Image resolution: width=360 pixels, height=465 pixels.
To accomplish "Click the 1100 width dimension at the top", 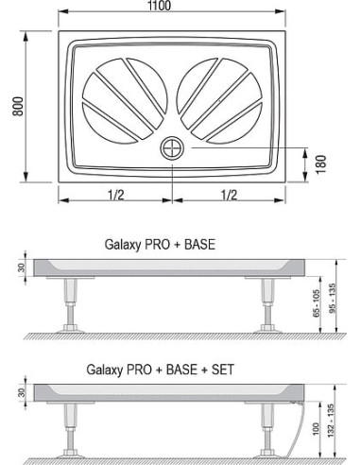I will tap(172, 8).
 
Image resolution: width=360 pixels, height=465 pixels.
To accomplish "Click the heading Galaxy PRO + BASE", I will tap(159, 243).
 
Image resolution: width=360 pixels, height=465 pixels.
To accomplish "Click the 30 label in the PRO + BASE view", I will tap(20, 267).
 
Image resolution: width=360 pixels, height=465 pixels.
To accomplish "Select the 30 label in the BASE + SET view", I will tap(20, 391).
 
